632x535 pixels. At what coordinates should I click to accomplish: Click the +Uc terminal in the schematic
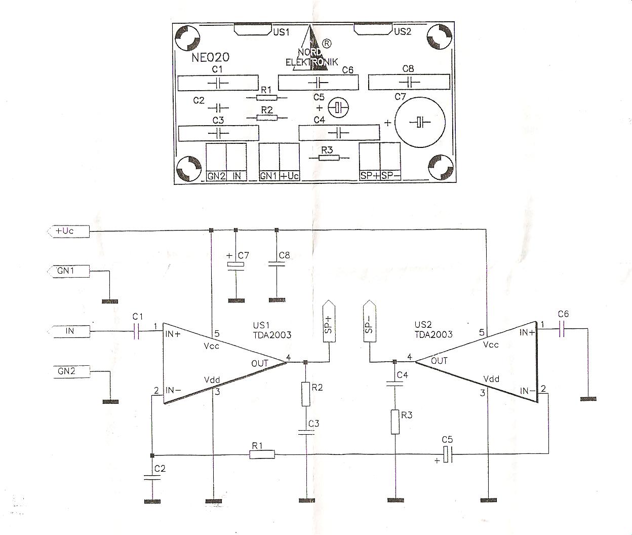click(x=68, y=231)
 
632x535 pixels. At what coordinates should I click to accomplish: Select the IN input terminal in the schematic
click(x=69, y=331)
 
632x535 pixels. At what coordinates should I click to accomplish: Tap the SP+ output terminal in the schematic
click(x=329, y=321)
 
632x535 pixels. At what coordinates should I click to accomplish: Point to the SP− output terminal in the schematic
click(x=370, y=321)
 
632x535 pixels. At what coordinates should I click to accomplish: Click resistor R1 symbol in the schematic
click(x=262, y=454)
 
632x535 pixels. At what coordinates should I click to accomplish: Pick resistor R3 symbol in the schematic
click(x=395, y=422)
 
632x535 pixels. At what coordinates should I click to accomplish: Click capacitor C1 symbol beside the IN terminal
click(x=137, y=331)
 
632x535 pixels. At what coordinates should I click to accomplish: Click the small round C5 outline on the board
click(x=338, y=108)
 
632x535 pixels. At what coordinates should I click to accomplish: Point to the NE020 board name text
click(x=210, y=57)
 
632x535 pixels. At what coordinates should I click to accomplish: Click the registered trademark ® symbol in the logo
click(x=327, y=44)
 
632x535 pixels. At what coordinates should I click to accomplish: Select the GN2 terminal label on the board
click(x=216, y=176)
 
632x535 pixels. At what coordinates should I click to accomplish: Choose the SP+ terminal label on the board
click(x=370, y=176)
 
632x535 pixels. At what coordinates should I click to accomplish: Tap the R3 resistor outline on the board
click(x=329, y=158)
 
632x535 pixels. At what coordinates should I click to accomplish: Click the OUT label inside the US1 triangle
click(x=260, y=363)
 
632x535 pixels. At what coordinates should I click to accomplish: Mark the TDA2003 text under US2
click(x=433, y=334)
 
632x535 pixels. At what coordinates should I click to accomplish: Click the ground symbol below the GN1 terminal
click(x=110, y=301)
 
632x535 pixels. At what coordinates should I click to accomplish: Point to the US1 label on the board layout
click(x=281, y=32)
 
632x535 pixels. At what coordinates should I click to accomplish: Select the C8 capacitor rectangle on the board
click(x=409, y=82)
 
